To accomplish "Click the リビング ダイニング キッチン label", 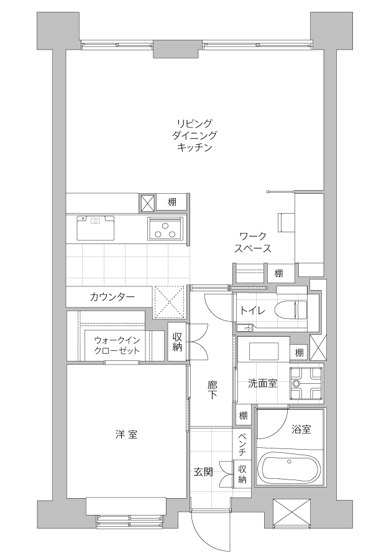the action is pos(194,135).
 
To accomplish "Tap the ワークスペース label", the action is pos(253,242).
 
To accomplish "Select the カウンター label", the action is pos(112,297).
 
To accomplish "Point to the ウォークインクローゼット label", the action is pos(117,345).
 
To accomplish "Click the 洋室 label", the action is pos(127,434).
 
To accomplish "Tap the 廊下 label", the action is pos(212,390).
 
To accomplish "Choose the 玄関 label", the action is pos(204,473).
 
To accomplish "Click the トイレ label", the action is pos(252,311).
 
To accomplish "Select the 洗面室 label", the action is pos(262,384).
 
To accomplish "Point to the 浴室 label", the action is pos(301,429).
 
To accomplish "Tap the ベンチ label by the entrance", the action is pos(242,444).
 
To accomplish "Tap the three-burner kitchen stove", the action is pos(165,229).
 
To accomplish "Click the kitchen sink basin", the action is pos(95,228).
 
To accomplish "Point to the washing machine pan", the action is pos(306,383).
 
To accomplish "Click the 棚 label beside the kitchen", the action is pos(172,202).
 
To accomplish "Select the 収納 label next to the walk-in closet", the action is pos(177,342).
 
